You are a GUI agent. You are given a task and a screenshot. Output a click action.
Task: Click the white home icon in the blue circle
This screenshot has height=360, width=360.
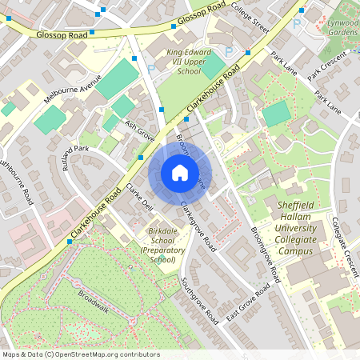[x=179, y=172]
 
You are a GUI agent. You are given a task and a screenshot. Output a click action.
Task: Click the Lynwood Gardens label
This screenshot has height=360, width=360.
[x=342, y=27]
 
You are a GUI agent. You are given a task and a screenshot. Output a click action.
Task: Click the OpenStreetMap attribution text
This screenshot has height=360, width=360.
[x=81, y=354]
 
